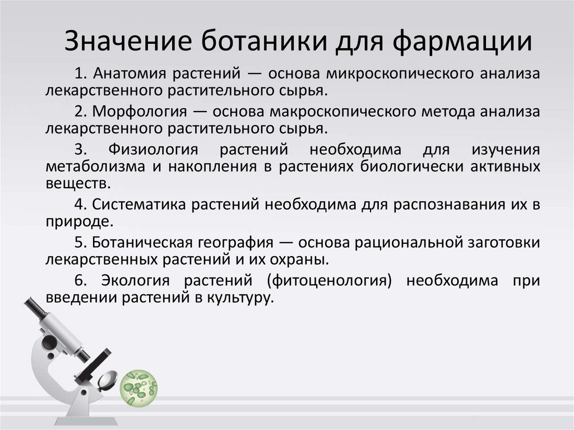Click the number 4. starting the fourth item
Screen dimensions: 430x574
pyautogui.click(x=80, y=205)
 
